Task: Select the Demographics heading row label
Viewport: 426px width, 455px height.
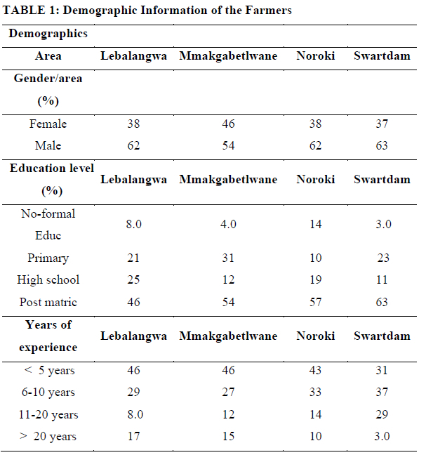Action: pos(48,34)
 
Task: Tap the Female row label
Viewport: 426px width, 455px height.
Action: pos(48,124)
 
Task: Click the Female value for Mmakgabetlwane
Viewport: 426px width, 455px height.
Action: pos(228,124)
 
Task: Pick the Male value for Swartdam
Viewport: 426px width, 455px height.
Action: pos(382,145)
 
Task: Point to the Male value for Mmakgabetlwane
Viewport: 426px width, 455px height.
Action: pos(228,145)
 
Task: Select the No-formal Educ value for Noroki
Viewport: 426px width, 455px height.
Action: pos(316,224)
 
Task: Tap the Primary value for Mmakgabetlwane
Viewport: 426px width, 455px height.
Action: pos(228,258)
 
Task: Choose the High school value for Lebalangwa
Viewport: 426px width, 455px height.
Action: pos(133,279)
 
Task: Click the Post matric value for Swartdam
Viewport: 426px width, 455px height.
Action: pos(382,302)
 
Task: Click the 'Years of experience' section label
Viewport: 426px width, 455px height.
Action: pos(48,336)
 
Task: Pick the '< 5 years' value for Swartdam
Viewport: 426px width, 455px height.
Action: pos(382,370)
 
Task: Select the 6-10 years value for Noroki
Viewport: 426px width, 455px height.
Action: pos(316,392)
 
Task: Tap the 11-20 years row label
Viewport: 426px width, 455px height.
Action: pos(48,414)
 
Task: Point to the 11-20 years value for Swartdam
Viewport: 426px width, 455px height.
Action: pos(382,414)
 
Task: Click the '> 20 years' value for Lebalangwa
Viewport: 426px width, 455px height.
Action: pos(133,436)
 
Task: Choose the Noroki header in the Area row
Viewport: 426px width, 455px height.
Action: pos(316,56)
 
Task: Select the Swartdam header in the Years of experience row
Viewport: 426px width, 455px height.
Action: pos(382,336)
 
